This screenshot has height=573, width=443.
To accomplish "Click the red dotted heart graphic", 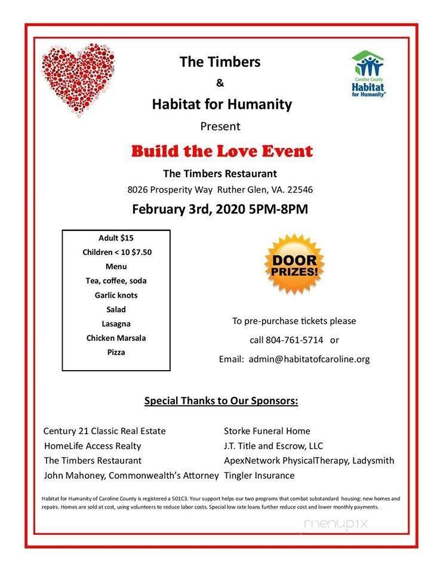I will (78, 78).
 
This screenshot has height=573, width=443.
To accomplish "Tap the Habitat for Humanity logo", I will (368, 73).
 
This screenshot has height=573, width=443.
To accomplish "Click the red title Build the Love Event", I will (221, 151).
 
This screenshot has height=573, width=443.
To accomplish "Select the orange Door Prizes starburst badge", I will (294, 263).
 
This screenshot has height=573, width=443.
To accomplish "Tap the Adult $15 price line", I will (116, 238).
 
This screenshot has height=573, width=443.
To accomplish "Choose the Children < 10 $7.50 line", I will (117, 252).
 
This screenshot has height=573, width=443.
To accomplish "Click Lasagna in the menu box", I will (116, 324).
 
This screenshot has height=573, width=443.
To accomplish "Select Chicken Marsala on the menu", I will (116, 338).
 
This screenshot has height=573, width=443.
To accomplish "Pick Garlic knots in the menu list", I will (116, 295).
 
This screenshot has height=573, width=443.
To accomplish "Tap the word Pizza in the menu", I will (116, 352).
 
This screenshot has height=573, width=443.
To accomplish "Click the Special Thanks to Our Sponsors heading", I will (221, 401).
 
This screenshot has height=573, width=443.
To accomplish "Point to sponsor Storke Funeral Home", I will (267, 431).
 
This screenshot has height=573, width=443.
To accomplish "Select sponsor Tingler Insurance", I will (259, 476).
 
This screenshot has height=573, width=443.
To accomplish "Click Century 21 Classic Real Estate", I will (104, 431).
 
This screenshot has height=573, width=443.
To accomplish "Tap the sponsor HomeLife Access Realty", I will (93, 446).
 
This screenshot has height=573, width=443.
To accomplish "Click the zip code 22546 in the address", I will (300, 190).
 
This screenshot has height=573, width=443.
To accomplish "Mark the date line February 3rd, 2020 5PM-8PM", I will (220, 210).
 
